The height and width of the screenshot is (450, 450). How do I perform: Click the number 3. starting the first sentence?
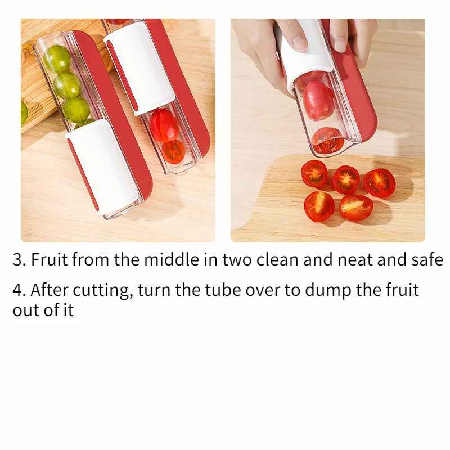click(20, 260)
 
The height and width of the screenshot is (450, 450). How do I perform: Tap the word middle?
click(168, 260)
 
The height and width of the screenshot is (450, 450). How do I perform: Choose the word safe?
click(427, 260)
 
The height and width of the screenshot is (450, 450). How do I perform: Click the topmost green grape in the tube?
click(57, 58)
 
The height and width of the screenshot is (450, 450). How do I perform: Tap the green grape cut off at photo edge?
click(24, 112)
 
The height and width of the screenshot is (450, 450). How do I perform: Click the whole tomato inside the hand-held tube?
click(318, 100)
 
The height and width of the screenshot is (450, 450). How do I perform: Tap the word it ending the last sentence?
click(68, 310)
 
